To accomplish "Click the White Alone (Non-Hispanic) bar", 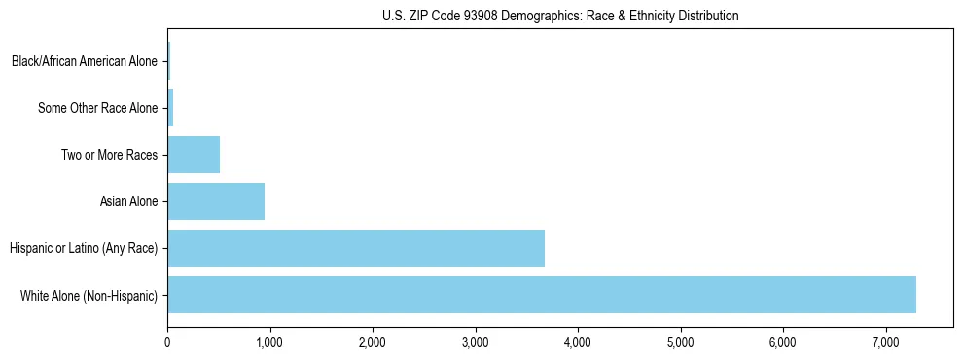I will click(542, 295).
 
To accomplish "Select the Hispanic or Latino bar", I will click(356, 248).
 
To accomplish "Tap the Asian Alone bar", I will click(216, 201).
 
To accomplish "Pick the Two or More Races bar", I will click(194, 155).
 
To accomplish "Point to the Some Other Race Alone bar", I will click(170, 108).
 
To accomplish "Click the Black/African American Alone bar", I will click(168, 61).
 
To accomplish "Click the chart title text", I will click(560, 16).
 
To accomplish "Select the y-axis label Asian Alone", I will click(128, 201).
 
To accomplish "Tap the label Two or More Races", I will click(109, 155).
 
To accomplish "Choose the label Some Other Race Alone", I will click(97, 108).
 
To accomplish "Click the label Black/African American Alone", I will click(84, 61).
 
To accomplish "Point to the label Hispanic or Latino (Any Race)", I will click(83, 248).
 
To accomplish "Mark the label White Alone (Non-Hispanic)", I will click(89, 295).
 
